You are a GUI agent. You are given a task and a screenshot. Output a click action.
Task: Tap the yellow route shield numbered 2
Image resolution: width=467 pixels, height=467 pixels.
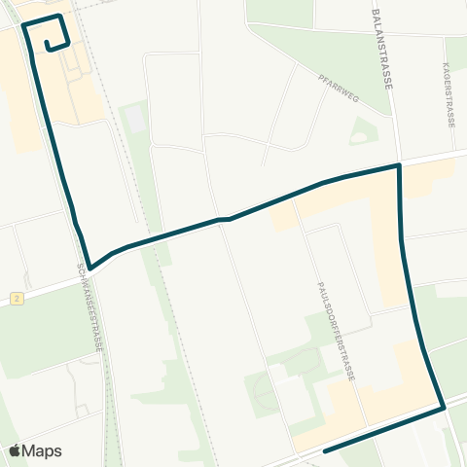17,299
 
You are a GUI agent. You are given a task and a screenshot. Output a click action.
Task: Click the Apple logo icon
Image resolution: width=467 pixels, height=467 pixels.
16,450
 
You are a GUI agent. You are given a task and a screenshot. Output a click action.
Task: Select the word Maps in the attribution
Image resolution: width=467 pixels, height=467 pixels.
43,450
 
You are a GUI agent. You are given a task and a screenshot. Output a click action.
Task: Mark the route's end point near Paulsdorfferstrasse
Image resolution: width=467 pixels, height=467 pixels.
324,450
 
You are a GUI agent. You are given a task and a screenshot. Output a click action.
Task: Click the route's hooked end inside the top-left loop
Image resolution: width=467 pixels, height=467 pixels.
46,40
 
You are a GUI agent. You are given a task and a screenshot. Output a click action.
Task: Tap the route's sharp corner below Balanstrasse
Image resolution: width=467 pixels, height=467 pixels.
399,166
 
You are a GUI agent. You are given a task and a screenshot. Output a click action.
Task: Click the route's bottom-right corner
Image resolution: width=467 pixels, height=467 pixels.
444,409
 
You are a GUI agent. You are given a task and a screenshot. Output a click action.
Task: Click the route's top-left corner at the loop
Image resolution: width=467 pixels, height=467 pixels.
23,26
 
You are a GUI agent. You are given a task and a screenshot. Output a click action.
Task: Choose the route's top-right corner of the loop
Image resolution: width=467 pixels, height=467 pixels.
60,17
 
